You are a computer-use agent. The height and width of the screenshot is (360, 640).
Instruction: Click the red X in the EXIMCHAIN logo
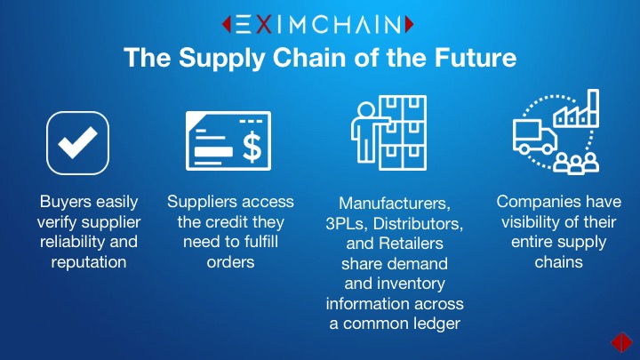coord(264,24)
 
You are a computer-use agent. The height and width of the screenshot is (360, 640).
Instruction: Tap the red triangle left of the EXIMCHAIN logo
coord(227,24)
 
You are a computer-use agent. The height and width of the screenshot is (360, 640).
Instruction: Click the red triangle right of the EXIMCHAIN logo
coord(410,24)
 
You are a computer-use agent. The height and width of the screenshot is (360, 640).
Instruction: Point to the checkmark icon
coord(77,143)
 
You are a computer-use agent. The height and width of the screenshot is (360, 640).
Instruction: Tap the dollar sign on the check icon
coord(252,147)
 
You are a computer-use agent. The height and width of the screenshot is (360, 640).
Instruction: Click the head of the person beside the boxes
coord(365,110)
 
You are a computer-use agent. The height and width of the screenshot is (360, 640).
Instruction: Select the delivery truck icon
coord(535,137)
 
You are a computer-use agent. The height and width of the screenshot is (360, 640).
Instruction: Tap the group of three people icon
coord(576,164)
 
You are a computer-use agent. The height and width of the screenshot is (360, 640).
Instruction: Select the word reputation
coord(89,262)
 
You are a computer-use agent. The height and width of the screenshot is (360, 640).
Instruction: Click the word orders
coord(230,262)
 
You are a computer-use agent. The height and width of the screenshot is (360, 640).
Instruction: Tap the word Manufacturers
coord(395,204)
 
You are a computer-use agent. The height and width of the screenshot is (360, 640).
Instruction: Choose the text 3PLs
coord(346,223)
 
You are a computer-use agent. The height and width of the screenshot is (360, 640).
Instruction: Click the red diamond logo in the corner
coord(621,341)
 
